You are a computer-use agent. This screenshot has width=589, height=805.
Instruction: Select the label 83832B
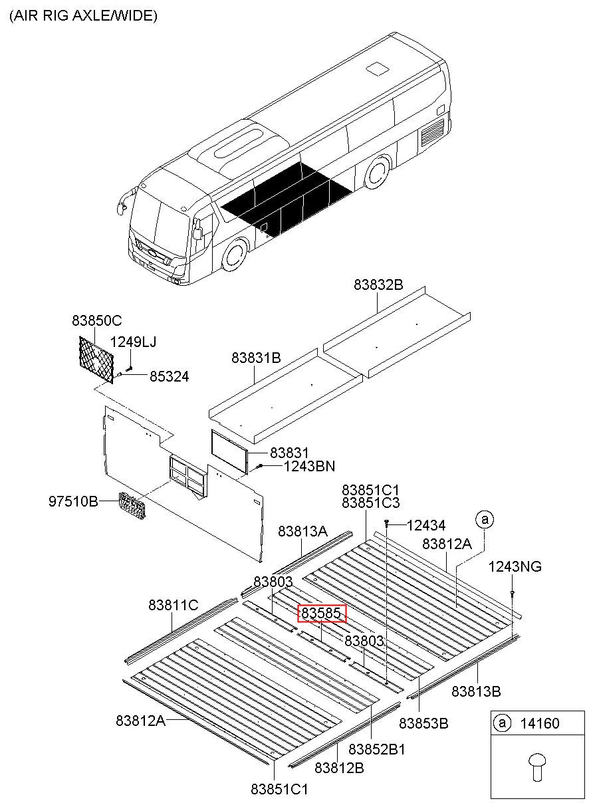click(x=378, y=285)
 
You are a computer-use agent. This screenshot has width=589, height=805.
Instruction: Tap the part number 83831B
click(x=256, y=358)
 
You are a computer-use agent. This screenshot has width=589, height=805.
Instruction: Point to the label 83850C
click(x=96, y=320)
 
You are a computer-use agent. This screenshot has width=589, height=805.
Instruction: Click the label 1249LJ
click(x=133, y=342)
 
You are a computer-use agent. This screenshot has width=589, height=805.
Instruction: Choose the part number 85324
click(x=169, y=377)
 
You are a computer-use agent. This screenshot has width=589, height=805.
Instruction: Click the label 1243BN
click(x=309, y=466)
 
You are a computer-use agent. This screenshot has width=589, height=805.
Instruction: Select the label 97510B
click(x=73, y=500)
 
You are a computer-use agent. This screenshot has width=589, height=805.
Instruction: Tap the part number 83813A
click(x=302, y=531)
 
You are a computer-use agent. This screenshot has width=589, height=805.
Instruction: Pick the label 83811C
click(x=173, y=605)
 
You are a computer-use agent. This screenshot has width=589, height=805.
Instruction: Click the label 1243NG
click(x=515, y=566)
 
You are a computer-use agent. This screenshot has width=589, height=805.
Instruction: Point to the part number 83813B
click(x=476, y=691)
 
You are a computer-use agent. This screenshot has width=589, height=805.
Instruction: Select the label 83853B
click(x=423, y=723)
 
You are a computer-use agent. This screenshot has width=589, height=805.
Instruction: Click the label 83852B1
click(x=377, y=749)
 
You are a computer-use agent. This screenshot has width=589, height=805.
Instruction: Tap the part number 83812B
click(x=339, y=768)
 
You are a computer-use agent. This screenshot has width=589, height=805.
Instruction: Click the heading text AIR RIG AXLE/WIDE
click(x=83, y=16)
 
